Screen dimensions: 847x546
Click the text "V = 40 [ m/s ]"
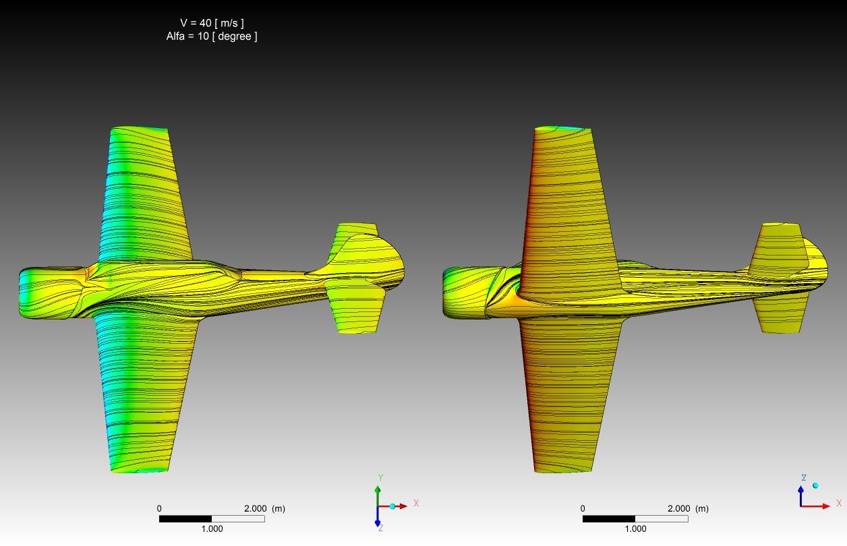click(x=212, y=23)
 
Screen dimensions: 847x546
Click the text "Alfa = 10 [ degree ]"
click(x=212, y=36)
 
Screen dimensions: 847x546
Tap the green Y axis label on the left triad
click(x=381, y=478)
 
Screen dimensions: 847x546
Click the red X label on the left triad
click(x=416, y=503)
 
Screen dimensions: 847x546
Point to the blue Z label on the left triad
click(x=380, y=528)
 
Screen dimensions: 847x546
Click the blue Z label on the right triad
click(x=804, y=478)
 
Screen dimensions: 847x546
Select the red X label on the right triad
click(x=839, y=503)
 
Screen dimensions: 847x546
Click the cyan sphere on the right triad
click(x=815, y=485)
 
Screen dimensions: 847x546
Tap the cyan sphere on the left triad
click(x=392, y=506)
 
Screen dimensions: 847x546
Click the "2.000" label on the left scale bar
click(x=255, y=509)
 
